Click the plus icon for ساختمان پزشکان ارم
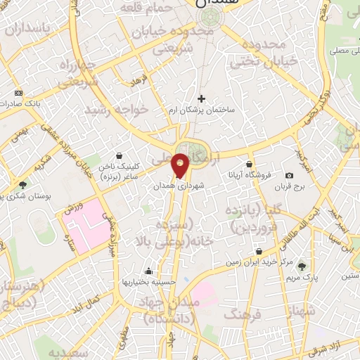pos(202,99)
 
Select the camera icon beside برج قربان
pos(289,175)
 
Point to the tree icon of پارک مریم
pos(302,266)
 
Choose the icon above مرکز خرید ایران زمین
pos(260,250)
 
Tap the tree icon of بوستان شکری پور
pos(22,186)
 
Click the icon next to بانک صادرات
pos(18,94)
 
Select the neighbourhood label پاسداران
pos(29,28)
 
